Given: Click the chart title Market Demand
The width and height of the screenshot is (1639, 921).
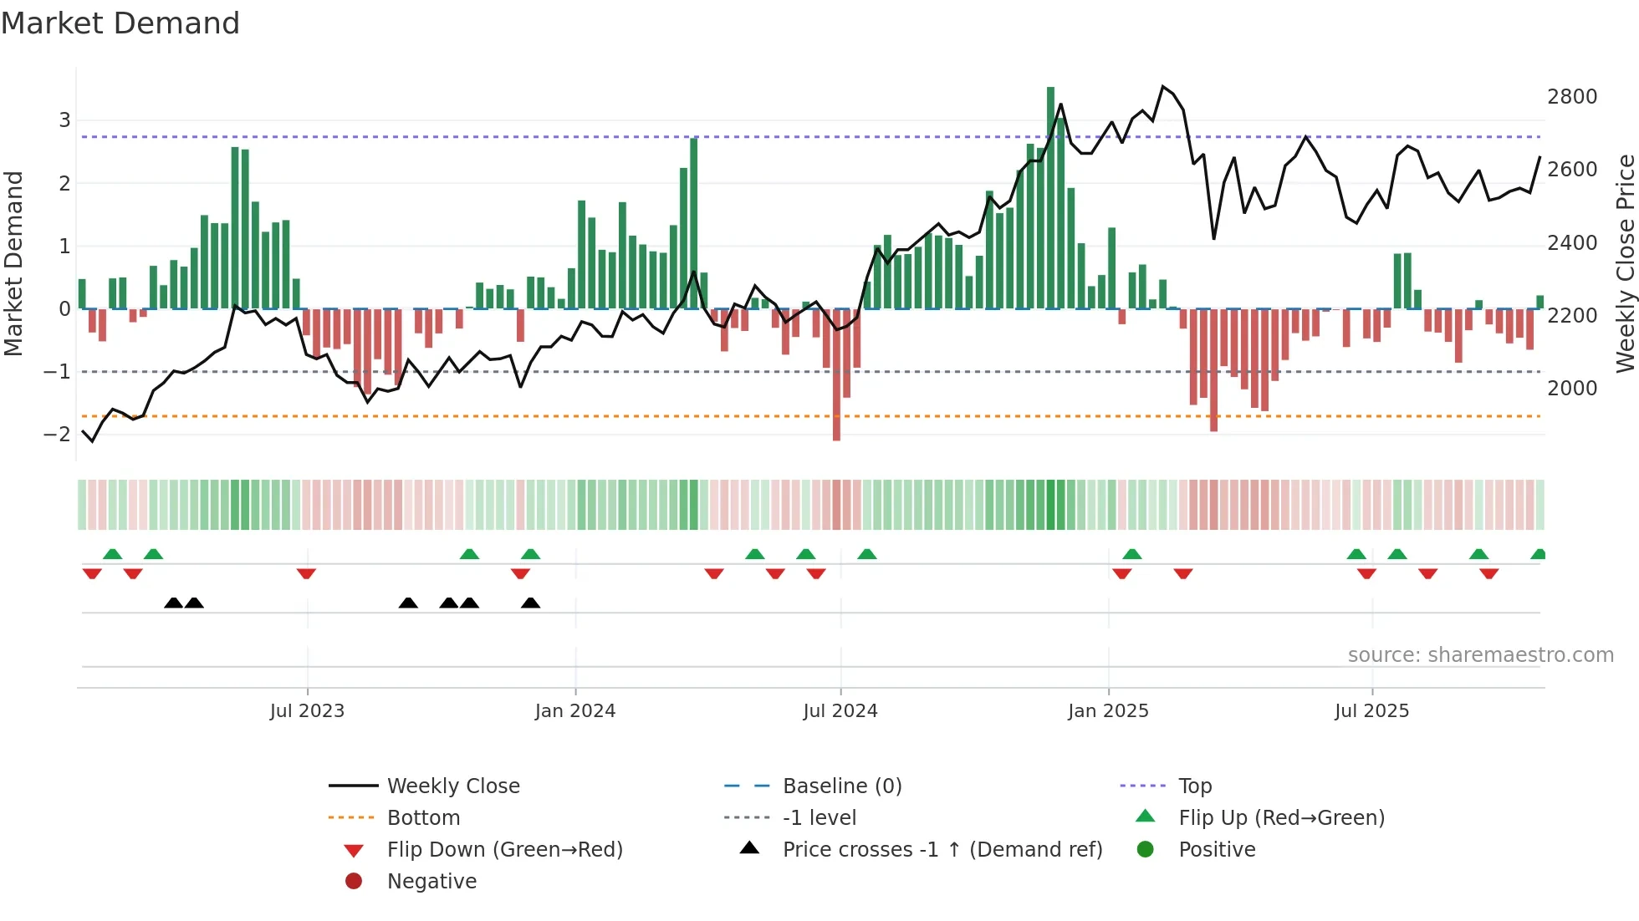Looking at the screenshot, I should pyautogui.click(x=120, y=23).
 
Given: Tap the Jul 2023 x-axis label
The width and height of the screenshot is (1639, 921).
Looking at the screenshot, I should pyautogui.click(x=307, y=711).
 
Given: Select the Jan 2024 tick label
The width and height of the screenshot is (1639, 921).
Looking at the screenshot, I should pyautogui.click(x=575, y=711).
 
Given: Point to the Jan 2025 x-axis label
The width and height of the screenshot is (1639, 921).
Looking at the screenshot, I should pyautogui.click(x=1108, y=711).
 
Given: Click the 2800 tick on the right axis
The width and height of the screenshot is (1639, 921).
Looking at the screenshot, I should pyautogui.click(x=1572, y=97).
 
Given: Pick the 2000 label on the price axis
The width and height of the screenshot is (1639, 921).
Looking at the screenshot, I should pyautogui.click(x=1572, y=389).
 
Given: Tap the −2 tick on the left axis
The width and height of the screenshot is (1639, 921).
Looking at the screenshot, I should pyautogui.click(x=57, y=434).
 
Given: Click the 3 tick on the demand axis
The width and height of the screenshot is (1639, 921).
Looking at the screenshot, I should pyautogui.click(x=64, y=120).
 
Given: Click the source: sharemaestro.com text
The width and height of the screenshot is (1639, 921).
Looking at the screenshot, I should pyautogui.click(x=1480, y=655).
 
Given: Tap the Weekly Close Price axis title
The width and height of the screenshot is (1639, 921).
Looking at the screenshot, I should pyautogui.click(x=1625, y=263).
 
